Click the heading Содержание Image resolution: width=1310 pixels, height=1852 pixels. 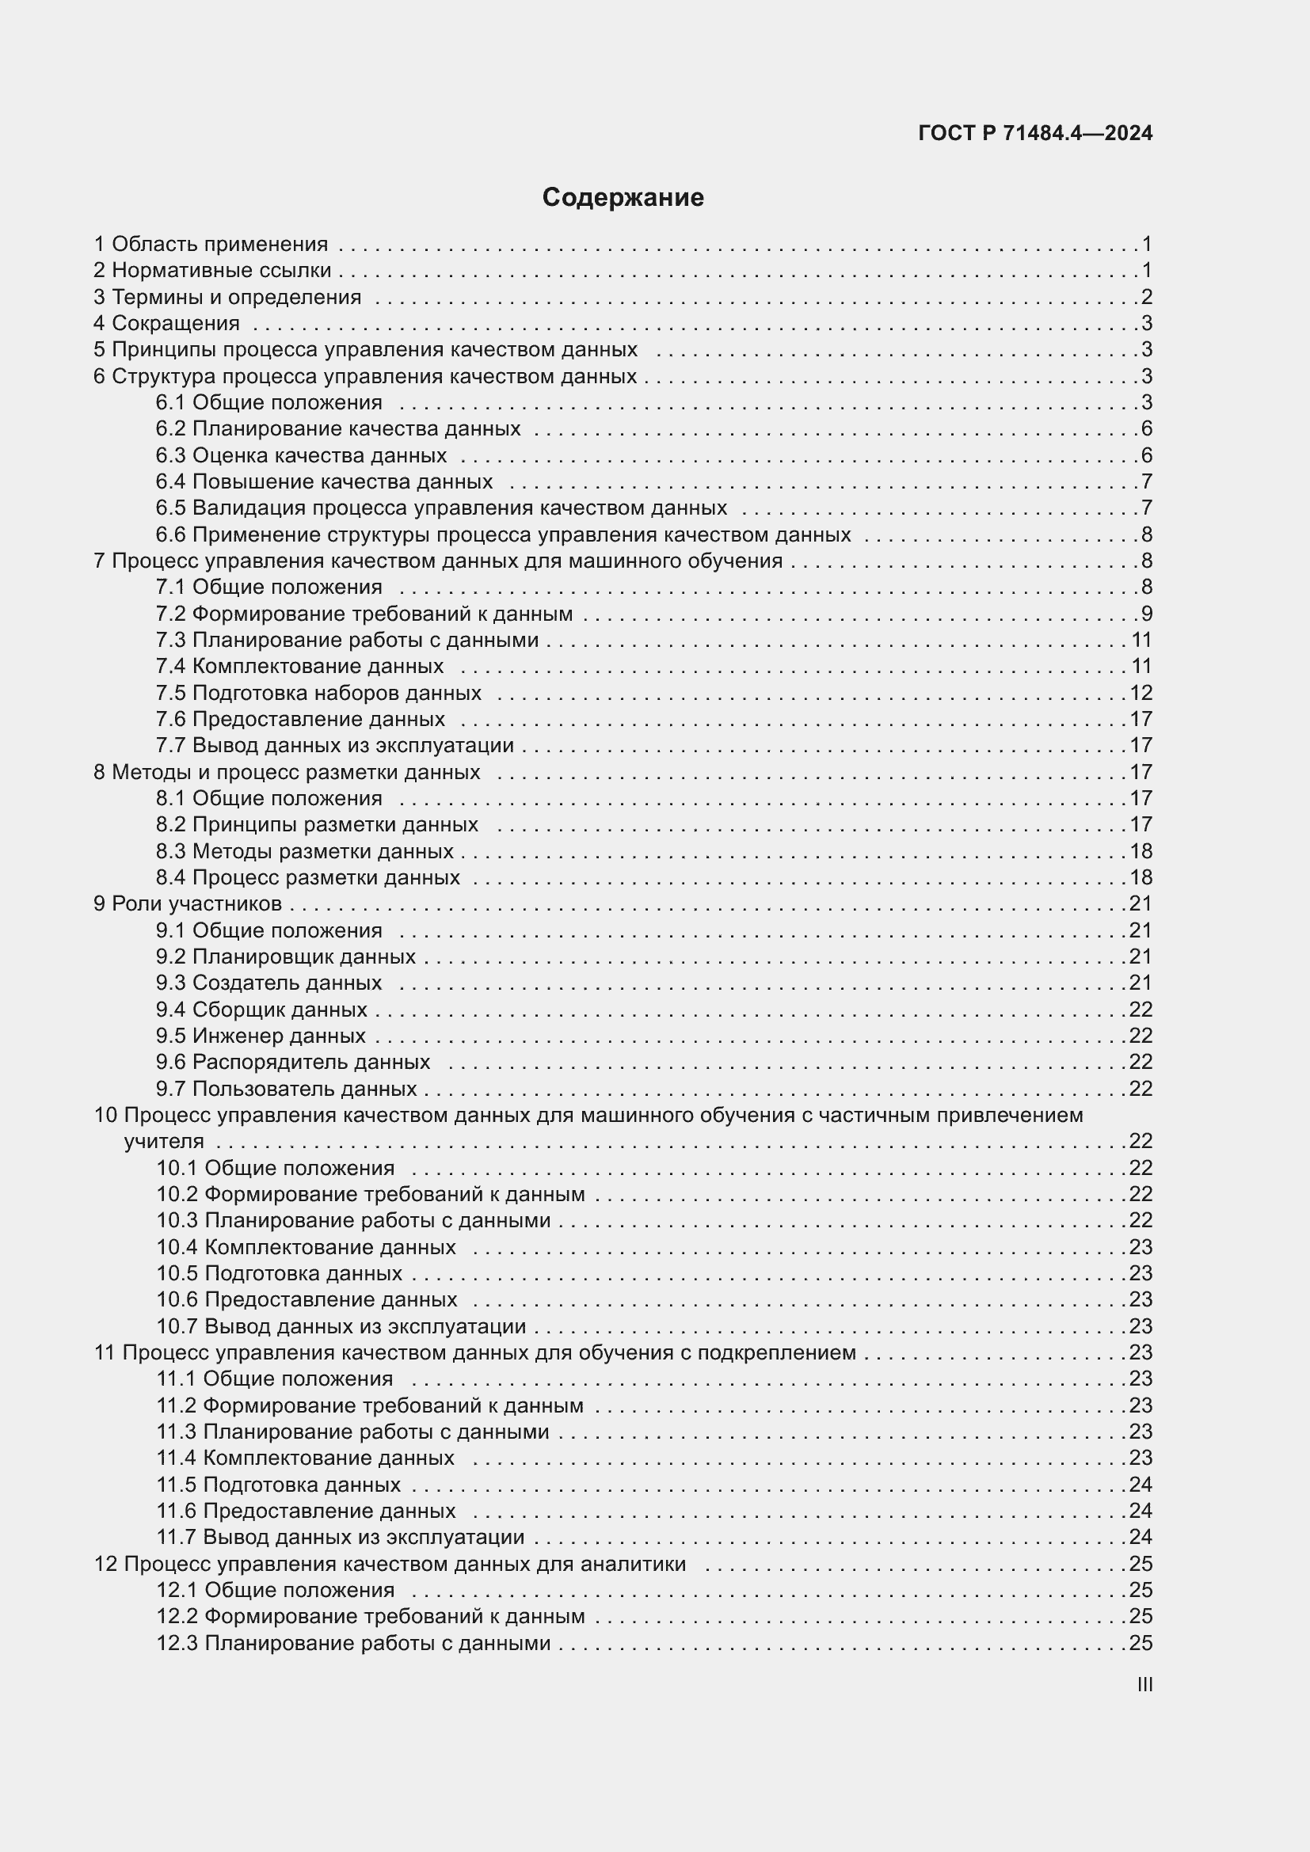tap(623, 197)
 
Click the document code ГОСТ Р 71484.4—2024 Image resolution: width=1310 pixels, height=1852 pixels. tap(1035, 133)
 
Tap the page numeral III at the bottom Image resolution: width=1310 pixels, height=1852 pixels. tap(1144, 1684)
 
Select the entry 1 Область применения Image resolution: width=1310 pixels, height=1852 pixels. tap(211, 244)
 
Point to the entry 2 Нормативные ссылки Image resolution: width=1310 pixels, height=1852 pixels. tap(212, 270)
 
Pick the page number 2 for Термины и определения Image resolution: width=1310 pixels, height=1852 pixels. tap(1146, 297)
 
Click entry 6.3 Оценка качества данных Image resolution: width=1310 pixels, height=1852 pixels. tap(301, 455)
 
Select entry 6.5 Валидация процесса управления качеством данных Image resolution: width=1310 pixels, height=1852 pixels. tap(441, 508)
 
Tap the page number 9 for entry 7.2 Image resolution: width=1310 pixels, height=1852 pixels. tap(1146, 614)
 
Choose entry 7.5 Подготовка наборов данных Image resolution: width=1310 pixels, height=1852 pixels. tap(318, 693)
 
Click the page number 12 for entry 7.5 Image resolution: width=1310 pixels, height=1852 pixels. tap(1141, 693)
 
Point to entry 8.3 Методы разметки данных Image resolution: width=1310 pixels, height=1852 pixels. tap(304, 851)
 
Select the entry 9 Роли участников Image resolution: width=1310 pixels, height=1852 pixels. tap(187, 903)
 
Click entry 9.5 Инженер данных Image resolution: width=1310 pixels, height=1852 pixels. tap(261, 1036)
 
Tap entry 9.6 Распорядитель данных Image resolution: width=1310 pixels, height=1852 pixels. tap(293, 1062)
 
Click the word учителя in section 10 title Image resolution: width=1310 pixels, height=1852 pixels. tap(164, 1142)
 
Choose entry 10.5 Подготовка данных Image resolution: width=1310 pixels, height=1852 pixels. tap(279, 1273)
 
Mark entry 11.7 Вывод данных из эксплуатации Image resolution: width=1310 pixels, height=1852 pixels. tap(340, 1537)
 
